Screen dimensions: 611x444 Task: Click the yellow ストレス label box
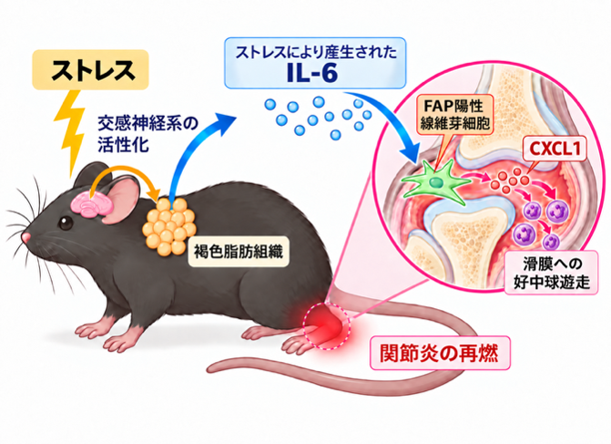pos(90,70)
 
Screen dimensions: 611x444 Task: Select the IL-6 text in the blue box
pos(311,73)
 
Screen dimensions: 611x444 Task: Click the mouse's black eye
pos(66,222)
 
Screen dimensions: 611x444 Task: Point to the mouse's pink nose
pos(26,237)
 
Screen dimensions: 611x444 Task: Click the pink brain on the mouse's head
pos(91,204)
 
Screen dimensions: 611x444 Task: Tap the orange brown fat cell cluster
pos(169,227)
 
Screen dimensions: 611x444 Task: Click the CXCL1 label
pos(555,149)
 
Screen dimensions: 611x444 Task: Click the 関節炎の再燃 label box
pos(440,353)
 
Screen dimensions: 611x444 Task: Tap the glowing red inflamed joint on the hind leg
pos(327,326)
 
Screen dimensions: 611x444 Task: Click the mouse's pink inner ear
pos(124,199)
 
